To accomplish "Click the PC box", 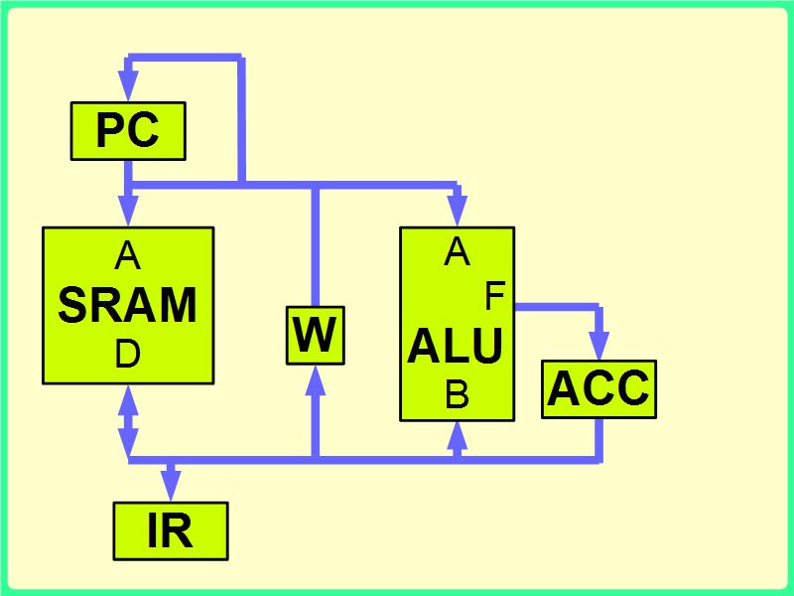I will (x=128, y=130).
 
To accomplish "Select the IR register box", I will (x=170, y=530).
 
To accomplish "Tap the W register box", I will (x=315, y=336).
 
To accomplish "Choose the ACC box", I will (x=598, y=388).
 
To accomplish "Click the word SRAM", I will (x=128, y=305).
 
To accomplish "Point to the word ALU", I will (x=456, y=347).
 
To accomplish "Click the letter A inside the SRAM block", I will (x=128, y=257).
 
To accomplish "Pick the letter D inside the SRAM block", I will (x=128, y=355).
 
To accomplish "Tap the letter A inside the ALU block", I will (x=457, y=253).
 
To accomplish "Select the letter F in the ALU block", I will (x=494, y=296).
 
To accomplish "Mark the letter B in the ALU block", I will (x=457, y=396).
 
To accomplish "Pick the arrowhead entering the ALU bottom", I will (x=457, y=433).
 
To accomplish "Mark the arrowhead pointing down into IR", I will (x=171, y=488).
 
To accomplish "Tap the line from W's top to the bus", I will (x=315, y=248).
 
